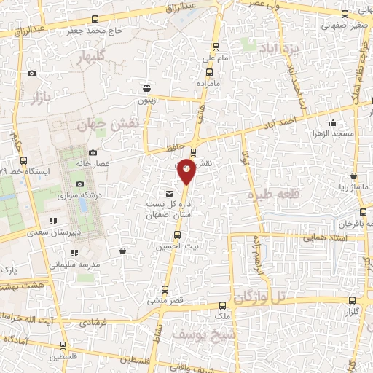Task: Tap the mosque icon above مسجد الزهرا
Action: point(334,122)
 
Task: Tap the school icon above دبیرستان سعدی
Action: point(52,221)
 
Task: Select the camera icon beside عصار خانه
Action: point(79,164)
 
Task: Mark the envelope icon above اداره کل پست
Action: point(169,194)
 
